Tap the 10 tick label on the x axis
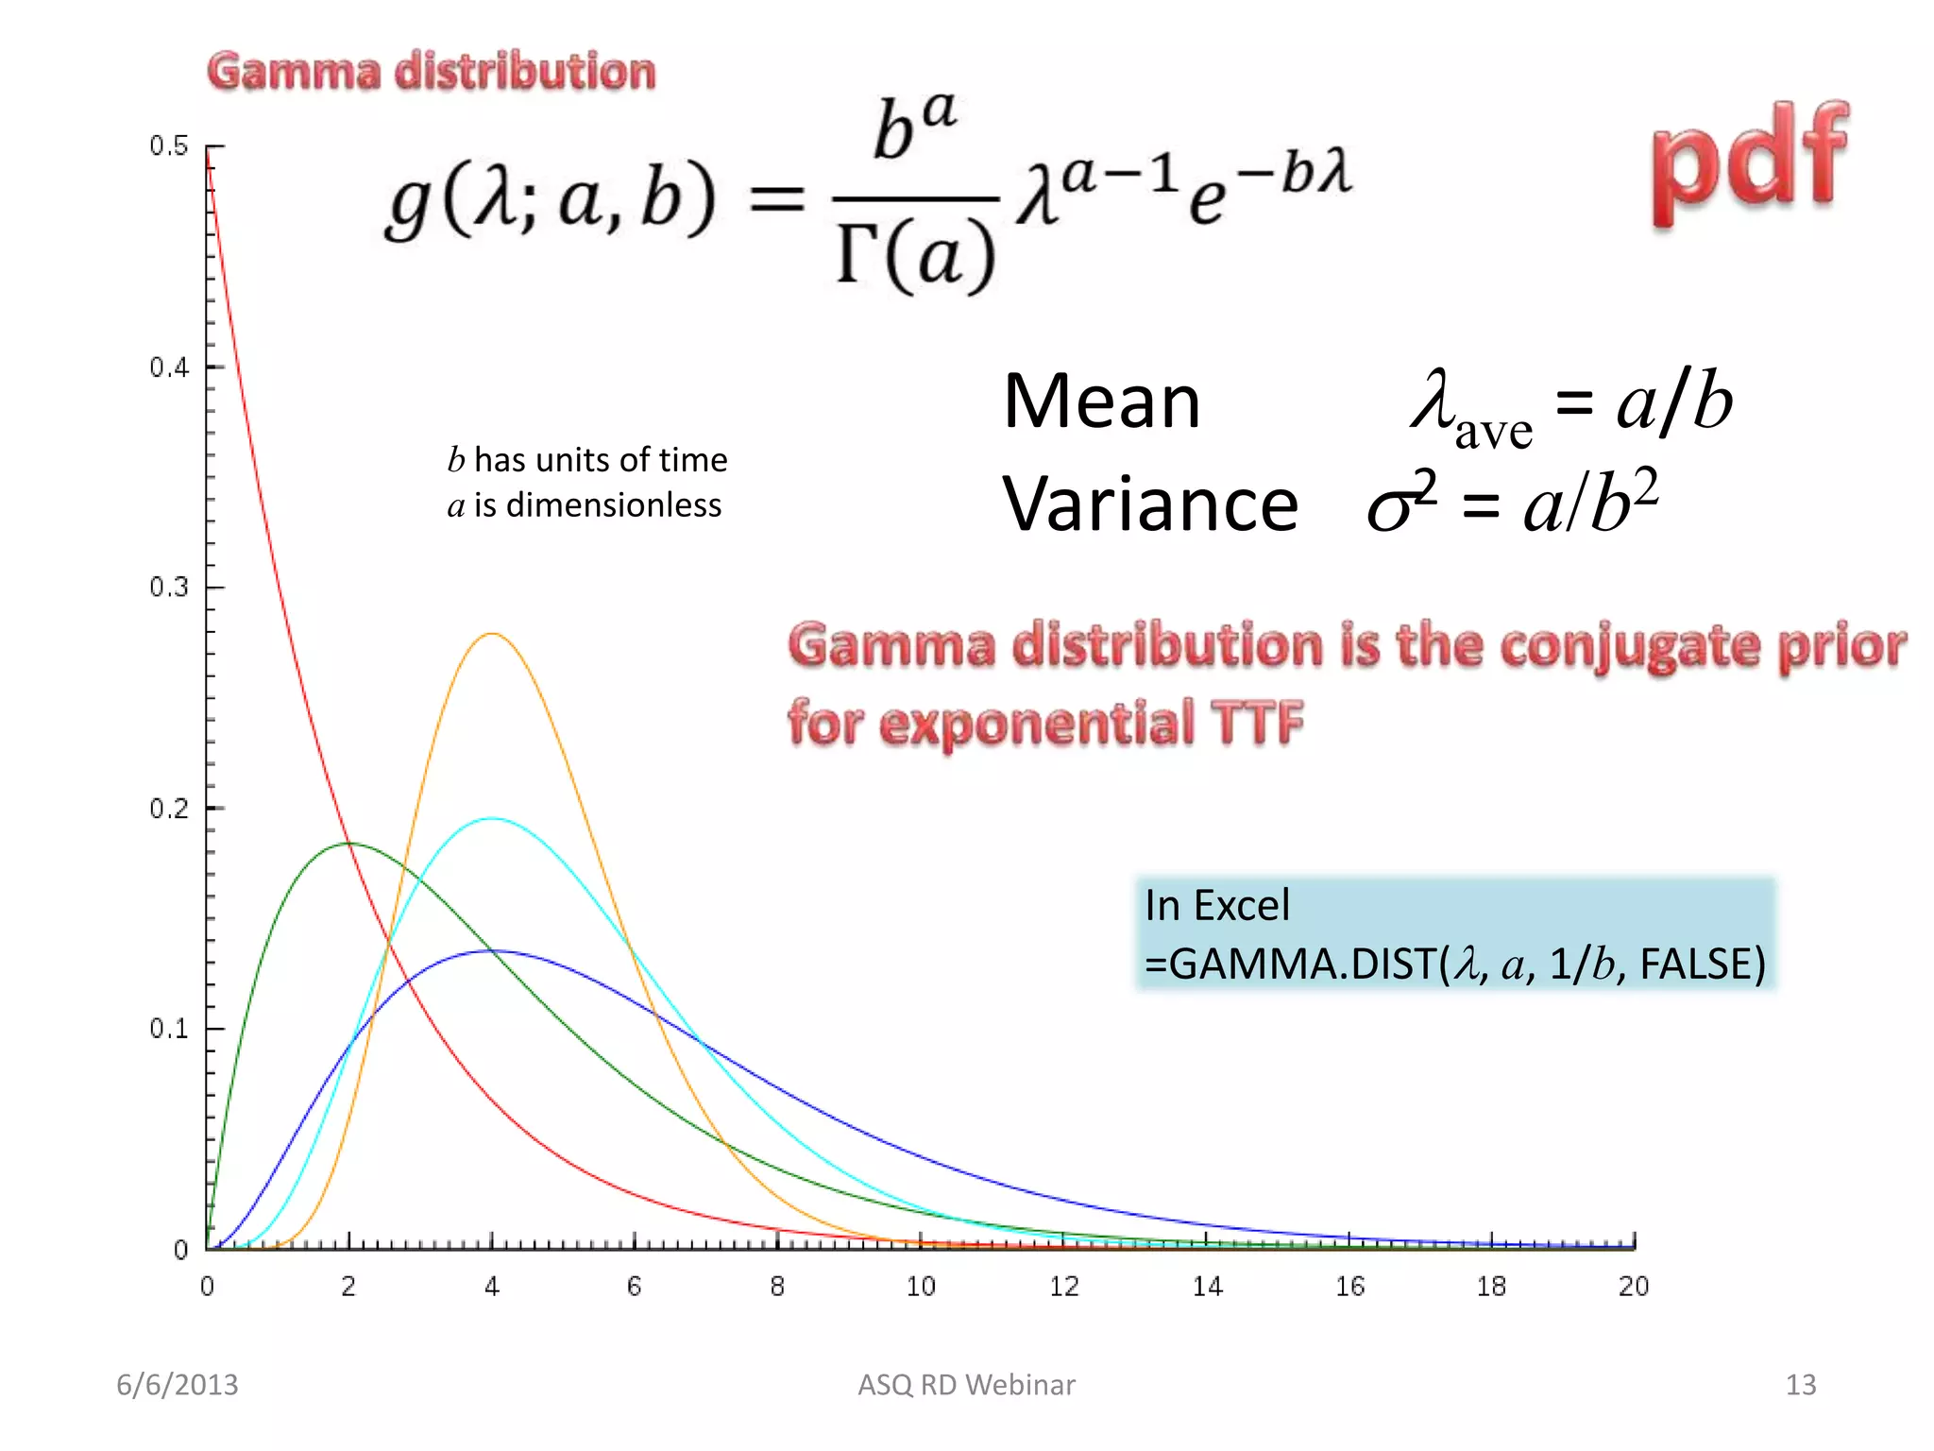pyautogui.click(x=920, y=1287)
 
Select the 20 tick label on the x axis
pyautogui.click(x=1633, y=1287)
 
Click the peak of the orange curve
pyautogui.click(x=492, y=634)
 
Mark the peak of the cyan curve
pyautogui.click(x=492, y=819)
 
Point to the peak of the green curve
pyautogui.click(x=349, y=843)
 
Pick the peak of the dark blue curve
pyautogui.click(x=492, y=951)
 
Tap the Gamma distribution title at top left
pyautogui.click(x=432, y=73)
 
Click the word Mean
pyautogui.click(x=1101, y=402)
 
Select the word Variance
pyautogui.click(x=1149, y=504)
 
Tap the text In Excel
pyautogui.click(x=1216, y=906)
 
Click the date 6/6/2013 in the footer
pyautogui.click(x=178, y=1385)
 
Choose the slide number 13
pyautogui.click(x=1800, y=1385)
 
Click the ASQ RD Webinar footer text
pyautogui.click(x=966, y=1385)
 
